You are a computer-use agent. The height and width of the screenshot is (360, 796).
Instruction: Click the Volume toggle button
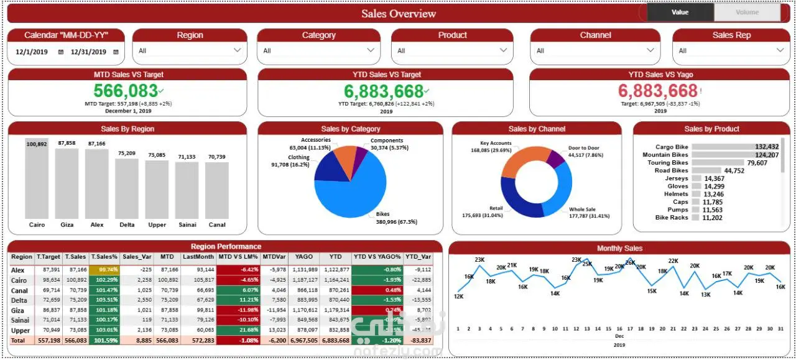[x=747, y=12]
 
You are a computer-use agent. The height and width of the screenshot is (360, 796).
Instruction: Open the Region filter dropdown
[x=190, y=50]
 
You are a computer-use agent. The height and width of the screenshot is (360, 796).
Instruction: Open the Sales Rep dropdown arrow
[x=780, y=50]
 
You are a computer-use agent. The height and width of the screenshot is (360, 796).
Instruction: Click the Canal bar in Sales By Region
[x=217, y=190]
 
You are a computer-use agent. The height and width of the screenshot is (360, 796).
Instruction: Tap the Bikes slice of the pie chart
[x=351, y=187]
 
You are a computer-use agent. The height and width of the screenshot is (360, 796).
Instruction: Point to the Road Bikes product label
[x=671, y=170]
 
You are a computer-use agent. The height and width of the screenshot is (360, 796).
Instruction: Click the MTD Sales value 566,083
[x=126, y=91]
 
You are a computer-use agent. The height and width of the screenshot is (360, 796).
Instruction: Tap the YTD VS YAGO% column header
[x=377, y=257]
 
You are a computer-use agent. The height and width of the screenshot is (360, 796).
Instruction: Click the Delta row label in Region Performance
[x=20, y=300]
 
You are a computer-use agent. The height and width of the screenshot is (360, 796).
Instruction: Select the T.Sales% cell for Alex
[x=104, y=270]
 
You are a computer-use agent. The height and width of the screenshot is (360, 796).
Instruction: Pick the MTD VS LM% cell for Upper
[x=239, y=330]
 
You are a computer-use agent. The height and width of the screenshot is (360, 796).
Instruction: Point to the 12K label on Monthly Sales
[x=459, y=297]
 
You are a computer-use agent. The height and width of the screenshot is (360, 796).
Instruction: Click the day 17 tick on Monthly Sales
[x=630, y=329]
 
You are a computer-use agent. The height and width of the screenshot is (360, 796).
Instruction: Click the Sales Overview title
[x=398, y=14]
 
